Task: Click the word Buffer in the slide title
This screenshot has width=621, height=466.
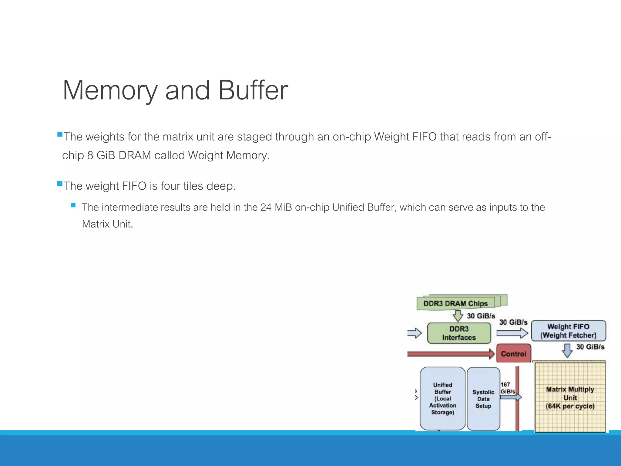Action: click(253, 90)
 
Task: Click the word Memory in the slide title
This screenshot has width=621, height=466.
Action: click(110, 90)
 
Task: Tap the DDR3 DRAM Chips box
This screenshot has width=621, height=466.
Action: click(455, 303)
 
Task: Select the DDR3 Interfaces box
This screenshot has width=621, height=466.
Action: click(459, 333)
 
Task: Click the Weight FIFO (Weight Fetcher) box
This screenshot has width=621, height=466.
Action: click(568, 331)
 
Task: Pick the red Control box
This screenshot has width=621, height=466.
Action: click(513, 354)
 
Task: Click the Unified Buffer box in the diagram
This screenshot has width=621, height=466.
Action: click(442, 398)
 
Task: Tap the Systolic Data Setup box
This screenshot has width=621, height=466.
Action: click(483, 399)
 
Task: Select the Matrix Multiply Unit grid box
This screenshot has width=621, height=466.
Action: click(570, 397)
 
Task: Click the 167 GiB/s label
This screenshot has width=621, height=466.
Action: click(507, 388)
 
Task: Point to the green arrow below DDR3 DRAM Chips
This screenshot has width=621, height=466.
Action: click(458, 316)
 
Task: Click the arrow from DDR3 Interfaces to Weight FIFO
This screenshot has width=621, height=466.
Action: click(512, 333)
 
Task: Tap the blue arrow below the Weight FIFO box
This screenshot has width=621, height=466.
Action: click(567, 350)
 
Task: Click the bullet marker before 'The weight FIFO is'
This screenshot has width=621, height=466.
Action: click(60, 184)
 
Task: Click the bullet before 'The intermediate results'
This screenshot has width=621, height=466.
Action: click(73, 205)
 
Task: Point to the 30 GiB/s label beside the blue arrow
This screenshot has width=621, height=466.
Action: click(590, 347)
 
